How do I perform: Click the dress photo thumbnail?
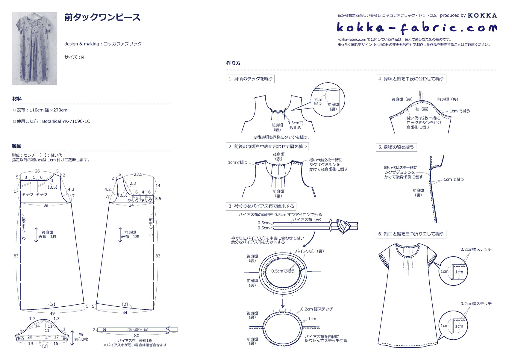point(34,48)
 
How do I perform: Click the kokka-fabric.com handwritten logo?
point(416,28)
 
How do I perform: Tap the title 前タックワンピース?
point(102,17)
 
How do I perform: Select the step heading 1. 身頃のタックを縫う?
point(251,79)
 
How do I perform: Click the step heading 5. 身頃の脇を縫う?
point(396,147)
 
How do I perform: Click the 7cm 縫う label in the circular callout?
point(318,101)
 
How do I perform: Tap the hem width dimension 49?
point(52,313)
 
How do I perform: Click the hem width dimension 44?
point(125,313)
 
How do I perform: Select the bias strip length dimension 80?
point(137,335)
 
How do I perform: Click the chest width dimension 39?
point(46,205)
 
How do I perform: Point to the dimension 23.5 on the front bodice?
point(138,174)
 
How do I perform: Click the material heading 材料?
point(17,99)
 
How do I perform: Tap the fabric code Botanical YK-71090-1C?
point(66,121)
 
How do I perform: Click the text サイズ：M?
point(74,57)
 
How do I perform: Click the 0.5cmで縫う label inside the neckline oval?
point(283,271)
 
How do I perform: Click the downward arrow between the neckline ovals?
point(283,303)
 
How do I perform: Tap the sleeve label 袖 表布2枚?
point(81,337)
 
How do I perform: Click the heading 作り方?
point(233,63)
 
